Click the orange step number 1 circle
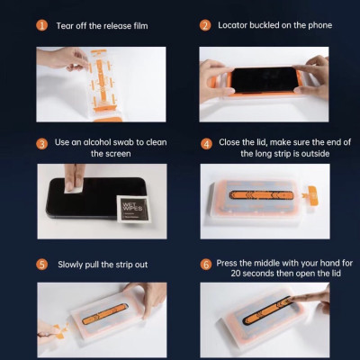pos(42,25)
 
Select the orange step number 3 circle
pos(42,143)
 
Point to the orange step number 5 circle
pos(42,265)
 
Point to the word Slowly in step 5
pos(74,265)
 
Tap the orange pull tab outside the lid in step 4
pos(312,192)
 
